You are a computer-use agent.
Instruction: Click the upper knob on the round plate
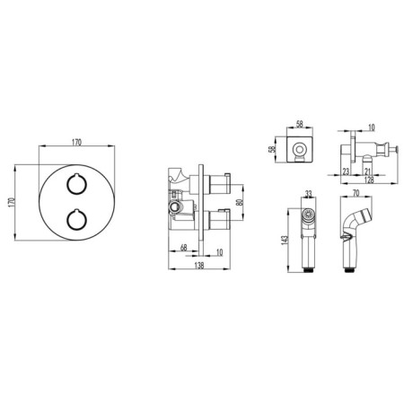(x=76, y=184)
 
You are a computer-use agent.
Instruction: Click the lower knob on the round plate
(x=76, y=220)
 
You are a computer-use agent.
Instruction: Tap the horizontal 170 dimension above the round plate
(x=76, y=143)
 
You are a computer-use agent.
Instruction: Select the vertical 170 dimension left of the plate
(x=12, y=202)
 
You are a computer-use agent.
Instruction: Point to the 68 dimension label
(x=183, y=248)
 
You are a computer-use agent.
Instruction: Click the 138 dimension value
(x=199, y=265)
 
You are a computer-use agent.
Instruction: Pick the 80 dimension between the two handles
(x=239, y=202)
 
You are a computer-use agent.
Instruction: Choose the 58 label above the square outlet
(x=299, y=124)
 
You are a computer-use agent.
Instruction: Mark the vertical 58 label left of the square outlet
(x=272, y=149)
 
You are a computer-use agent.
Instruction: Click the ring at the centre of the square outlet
(x=300, y=149)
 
